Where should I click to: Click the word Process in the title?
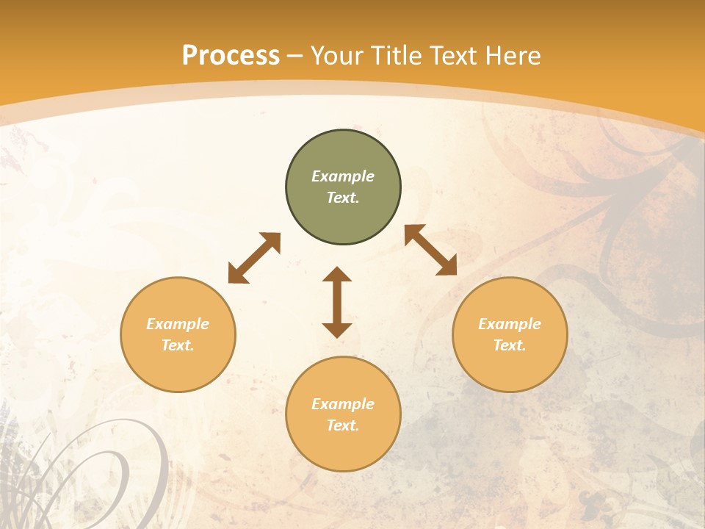click(x=231, y=56)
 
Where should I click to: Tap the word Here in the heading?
click(x=512, y=56)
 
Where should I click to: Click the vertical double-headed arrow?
click(x=337, y=302)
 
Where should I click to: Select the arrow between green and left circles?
click(x=254, y=258)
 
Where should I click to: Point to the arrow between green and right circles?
click(x=430, y=250)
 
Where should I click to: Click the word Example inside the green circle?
click(x=343, y=176)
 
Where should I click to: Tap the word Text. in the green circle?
click(x=343, y=198)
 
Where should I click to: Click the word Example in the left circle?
click(x=178, y=324)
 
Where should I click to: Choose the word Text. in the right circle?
click(x=510, y=345)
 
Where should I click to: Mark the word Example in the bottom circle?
click(x=343, y=404)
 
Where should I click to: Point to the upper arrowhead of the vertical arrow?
click(x=337, y=274)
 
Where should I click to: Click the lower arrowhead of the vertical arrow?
click(x=337, y=330)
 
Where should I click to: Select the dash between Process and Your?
click(x=295, y=57)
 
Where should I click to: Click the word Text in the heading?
click(x=452, y=56)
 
